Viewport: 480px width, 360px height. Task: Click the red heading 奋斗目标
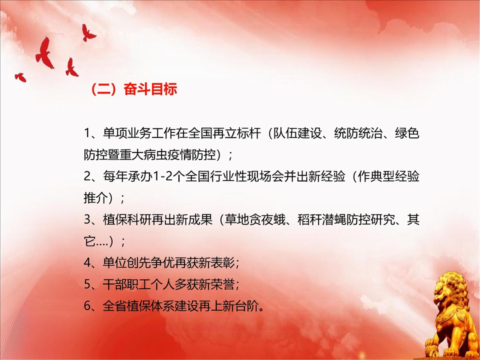click(150, 89)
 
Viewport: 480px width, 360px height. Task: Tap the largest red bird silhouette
click(44, 53)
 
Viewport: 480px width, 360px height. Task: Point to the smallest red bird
click(20, 77)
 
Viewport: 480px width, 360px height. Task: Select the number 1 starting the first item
click(87, 133)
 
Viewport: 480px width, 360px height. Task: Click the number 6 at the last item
click(87, 306)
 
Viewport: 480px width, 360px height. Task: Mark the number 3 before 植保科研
click(87, 220)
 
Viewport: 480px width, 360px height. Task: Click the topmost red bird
click(88, 33)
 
